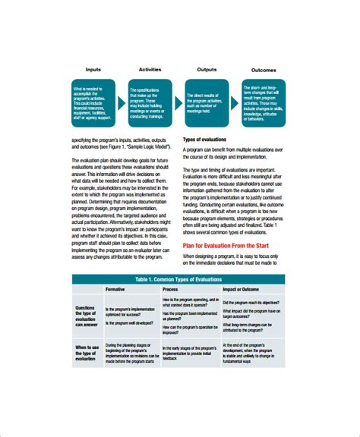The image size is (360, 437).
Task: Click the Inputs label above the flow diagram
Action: (94, 69)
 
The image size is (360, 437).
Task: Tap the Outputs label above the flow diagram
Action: (207, 69)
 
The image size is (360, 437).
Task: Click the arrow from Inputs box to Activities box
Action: (122, 99)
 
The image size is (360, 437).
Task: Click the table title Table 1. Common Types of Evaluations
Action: (180, 279)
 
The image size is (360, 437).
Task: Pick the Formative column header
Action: (115, 290)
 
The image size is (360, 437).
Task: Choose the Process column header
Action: (171, 290)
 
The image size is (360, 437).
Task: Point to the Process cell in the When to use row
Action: (188, 354)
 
